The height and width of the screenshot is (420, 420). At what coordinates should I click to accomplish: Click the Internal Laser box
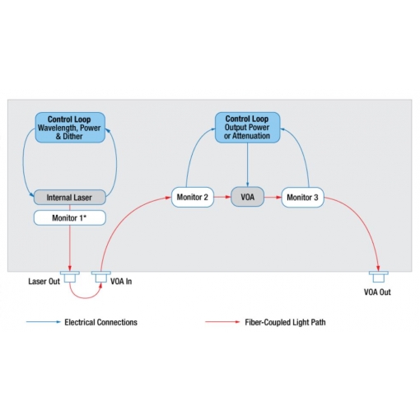(x=70, y=197)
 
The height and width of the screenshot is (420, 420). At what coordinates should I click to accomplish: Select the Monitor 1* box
(x=70, y=218)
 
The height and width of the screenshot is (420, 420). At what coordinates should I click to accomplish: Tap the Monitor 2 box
(x=193, y=197)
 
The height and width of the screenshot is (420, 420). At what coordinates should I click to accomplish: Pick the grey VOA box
(x=247, y=197)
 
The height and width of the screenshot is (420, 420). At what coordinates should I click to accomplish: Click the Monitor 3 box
(x=302, y=197)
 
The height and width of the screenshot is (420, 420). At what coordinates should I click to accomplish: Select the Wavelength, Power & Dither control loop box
(x=70, y=128)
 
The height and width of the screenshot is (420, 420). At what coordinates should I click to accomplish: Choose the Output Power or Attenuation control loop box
(x=247, y=128)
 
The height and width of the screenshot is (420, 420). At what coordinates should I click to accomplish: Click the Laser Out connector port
(x=70, y=277)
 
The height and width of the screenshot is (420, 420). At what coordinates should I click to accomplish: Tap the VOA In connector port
(x=101, y=277)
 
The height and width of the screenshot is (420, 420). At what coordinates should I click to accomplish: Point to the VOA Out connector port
(x=379, y=277)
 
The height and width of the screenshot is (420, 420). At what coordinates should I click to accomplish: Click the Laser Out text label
(x=44, y=282)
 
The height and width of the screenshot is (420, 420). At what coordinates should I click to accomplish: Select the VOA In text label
(x=121, y=282)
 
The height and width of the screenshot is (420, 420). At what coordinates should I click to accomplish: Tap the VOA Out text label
(x=377, y=292)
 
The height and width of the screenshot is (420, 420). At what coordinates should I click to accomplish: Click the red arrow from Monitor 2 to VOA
(x=222, y=197)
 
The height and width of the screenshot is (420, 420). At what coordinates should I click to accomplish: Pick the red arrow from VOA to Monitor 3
(x=273, y=197)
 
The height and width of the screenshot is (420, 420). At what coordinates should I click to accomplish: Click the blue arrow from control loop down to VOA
(x=247, y=165)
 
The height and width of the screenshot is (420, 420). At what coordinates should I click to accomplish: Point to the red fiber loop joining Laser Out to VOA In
(x=86, y=297)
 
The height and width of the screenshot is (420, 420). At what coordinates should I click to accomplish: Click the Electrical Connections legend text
(x=100, y=322)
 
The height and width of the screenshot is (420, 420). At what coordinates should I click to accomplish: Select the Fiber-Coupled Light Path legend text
(x=285, y=322)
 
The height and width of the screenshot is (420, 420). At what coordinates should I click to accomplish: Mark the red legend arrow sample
(x=222, y=322)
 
